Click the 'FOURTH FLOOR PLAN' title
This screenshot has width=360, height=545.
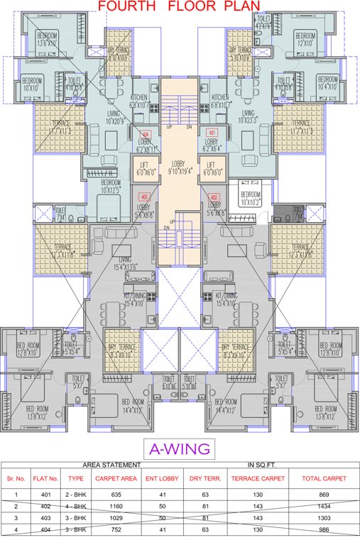[x=180, y=7]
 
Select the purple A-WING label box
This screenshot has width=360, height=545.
[x=180, y=448]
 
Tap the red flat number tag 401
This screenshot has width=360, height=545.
[x=211, y=133]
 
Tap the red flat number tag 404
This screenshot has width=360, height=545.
[x=146, y=133]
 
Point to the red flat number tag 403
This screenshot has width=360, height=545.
[x=145, y=197]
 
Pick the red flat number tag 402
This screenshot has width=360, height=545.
[x=213, y=197]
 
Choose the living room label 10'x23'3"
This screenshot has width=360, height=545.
[x=248, y=116]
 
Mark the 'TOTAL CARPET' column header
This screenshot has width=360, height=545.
[x=323, y=479]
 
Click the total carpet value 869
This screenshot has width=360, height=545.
[x=323, y=494]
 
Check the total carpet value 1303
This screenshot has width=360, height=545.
[x=323, y=518]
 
